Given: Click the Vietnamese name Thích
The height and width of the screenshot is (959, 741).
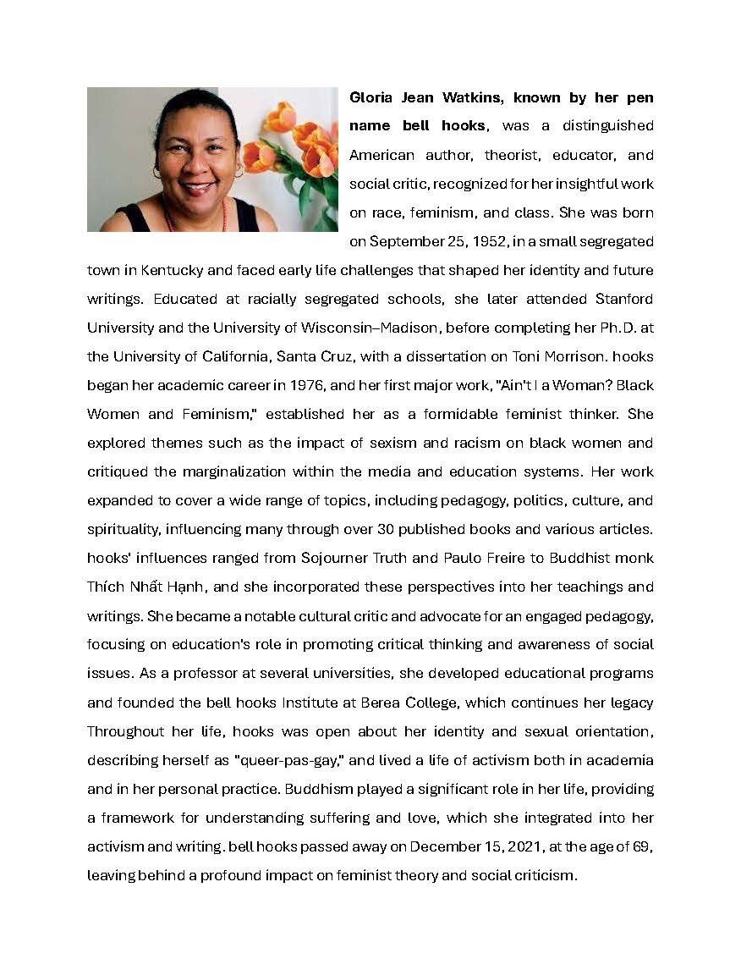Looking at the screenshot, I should click(106, 587).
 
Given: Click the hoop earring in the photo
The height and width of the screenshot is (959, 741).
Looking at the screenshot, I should click(157, 171).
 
